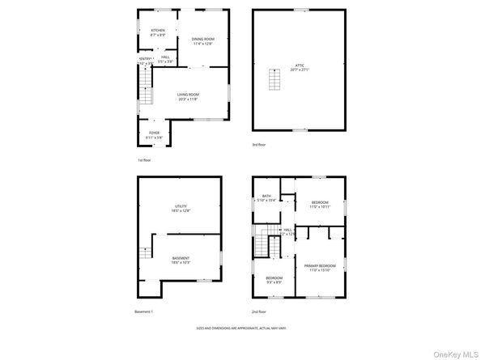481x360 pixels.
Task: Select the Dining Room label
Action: coord(202,40)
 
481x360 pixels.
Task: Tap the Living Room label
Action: coord(188,96)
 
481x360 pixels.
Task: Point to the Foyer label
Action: coord(154,134)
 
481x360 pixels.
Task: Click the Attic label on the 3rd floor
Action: coord(299,68)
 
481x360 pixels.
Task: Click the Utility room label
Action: coord(181,208)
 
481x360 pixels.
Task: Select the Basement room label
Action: coord(181,260)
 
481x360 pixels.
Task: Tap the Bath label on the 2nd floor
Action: coord(267,197)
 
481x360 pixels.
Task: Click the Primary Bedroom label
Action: coord(320,268)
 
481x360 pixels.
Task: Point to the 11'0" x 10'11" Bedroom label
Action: coord(320,204)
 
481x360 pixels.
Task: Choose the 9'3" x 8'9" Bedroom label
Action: coord(274,280)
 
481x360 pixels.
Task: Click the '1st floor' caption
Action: coord(144,159)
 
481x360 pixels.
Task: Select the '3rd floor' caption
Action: coord(258,144)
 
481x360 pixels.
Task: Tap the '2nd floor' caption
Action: coord(259,311)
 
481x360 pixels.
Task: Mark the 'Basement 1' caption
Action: coord(143,311)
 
